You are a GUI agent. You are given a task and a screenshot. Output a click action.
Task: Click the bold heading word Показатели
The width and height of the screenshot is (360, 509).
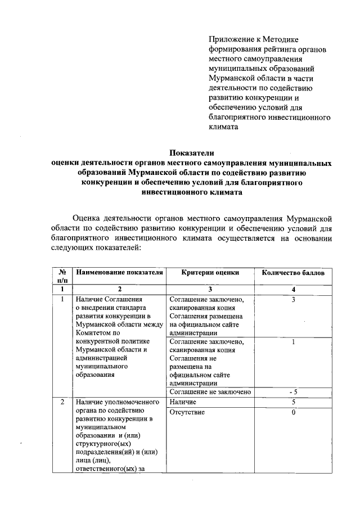click(192, 152)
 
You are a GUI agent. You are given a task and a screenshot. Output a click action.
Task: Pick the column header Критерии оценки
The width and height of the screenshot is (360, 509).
click(210, 272)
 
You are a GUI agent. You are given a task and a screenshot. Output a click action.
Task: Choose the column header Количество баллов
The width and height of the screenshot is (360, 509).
click(293, 272)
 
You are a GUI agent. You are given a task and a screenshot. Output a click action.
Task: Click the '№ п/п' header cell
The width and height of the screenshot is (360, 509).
click(62, 276)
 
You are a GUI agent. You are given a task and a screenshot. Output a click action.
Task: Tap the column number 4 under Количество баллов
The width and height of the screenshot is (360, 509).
click(293, 289)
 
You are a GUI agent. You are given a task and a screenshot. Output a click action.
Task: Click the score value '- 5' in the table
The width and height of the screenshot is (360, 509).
click(293, 392)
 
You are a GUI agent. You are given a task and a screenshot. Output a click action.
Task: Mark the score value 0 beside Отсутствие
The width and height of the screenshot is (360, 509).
click(293, 413)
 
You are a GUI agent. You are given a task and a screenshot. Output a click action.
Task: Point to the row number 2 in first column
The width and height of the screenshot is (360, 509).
click(62, 403)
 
